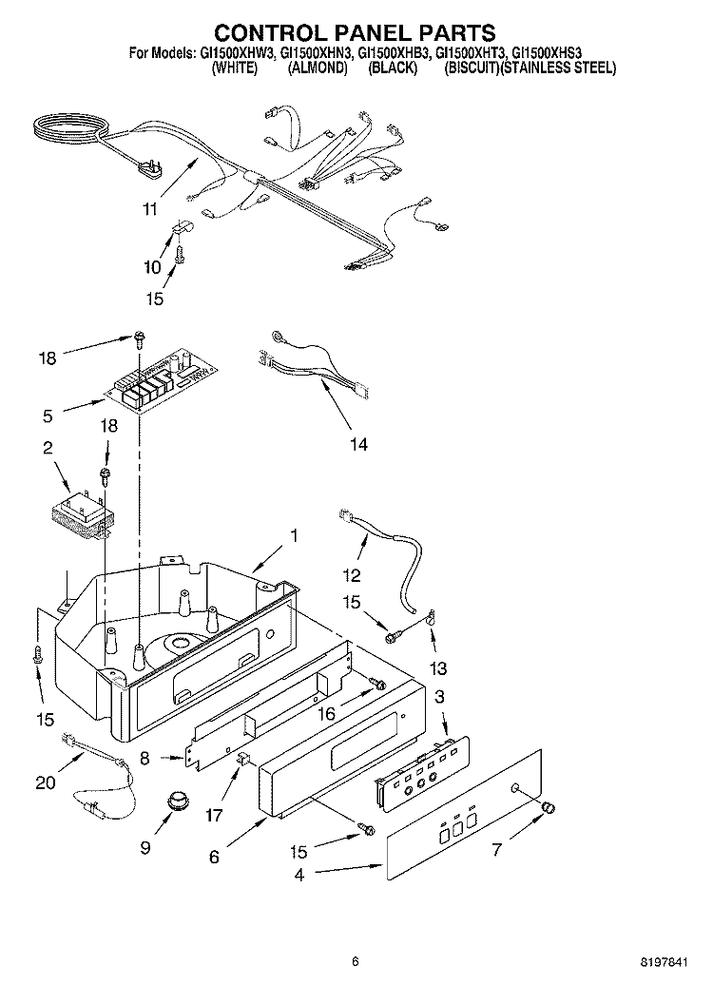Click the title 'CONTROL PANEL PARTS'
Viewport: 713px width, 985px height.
pos(356,32)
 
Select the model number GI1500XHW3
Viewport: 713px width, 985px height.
pos(238,54)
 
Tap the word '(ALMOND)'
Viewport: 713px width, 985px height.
pos(318,68)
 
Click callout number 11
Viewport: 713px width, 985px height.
pos(149,208)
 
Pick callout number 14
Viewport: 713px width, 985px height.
pos(358,444)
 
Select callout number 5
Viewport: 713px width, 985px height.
pos(48,415)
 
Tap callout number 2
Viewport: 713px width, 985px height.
pos(48,448)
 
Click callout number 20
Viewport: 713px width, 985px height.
pos(46,782)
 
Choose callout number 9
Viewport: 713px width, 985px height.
pos(145,847)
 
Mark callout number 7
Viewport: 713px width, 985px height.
pos(497,850)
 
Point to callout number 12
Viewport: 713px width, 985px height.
pos(352,574)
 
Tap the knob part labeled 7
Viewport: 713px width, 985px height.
pos(549,807)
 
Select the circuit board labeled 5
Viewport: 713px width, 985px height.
pos(161,379)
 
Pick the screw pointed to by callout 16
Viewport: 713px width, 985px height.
pos(377,683)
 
